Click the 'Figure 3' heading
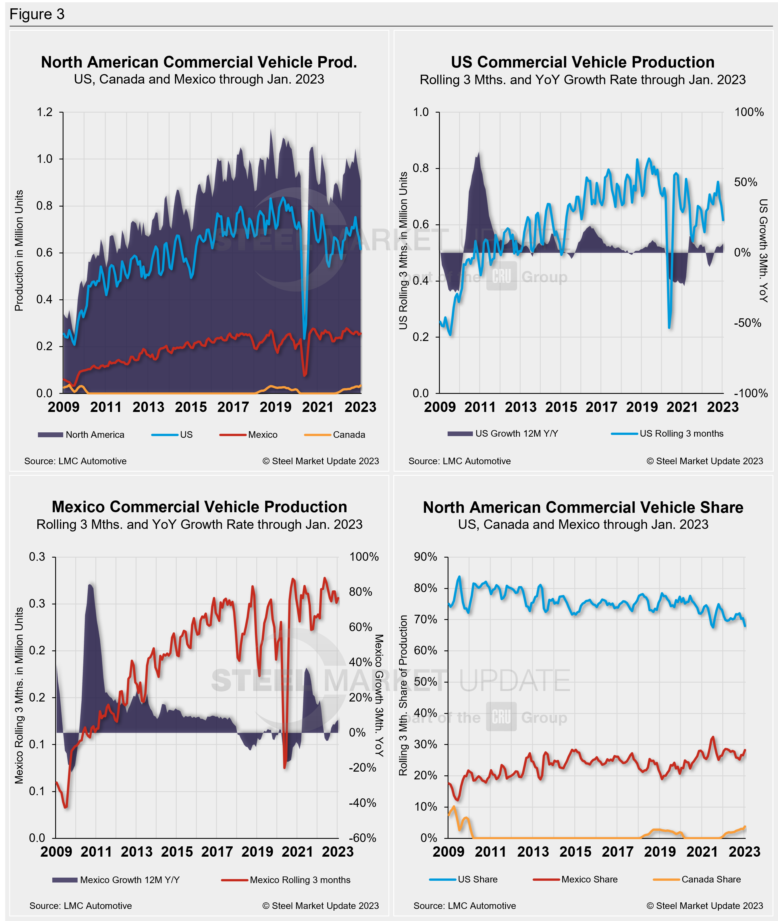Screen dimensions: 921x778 click(37, 15)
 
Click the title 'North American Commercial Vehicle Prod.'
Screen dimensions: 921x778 click(199, 62)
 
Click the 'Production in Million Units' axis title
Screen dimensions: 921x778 click(19, 251)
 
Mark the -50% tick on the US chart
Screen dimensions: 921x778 click(747, 323)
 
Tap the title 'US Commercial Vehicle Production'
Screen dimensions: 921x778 click(583, 62)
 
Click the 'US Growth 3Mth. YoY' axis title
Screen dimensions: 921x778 click(763, 251)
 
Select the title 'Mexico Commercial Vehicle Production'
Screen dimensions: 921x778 click(199, 507)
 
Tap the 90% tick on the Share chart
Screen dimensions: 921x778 click(425, 557)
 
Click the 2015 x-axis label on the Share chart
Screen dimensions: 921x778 click(575, 852)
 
